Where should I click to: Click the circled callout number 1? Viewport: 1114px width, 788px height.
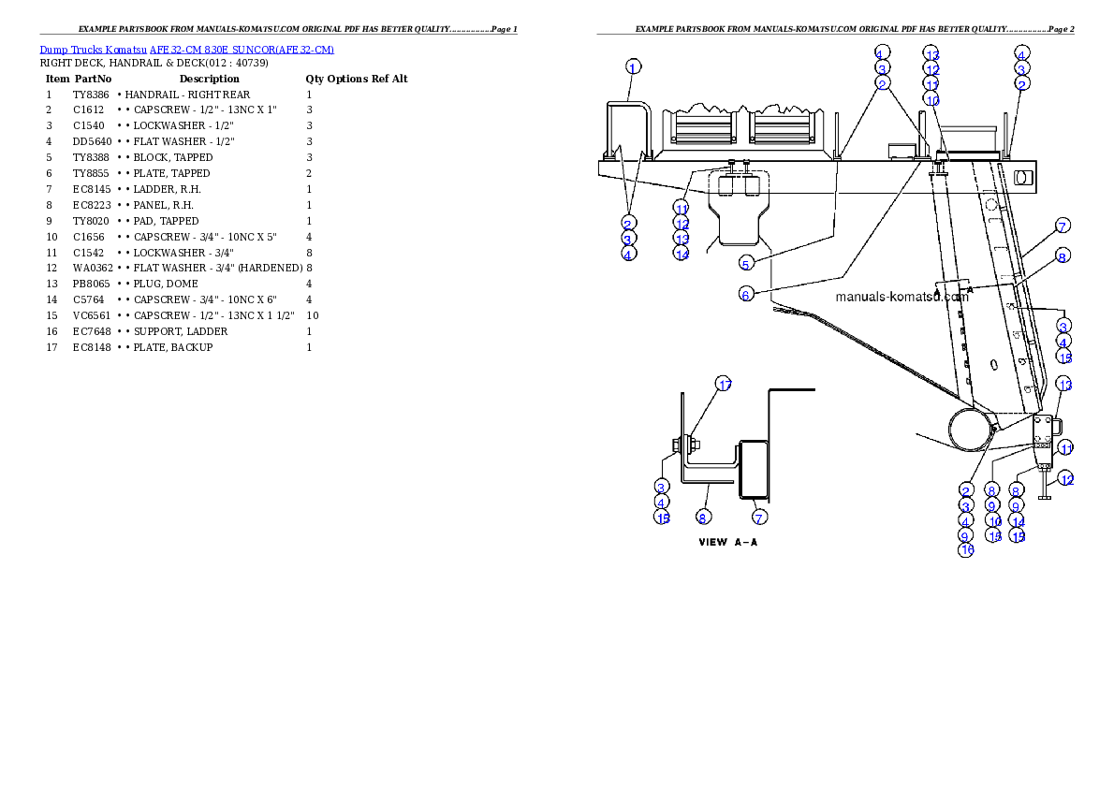[634, 67]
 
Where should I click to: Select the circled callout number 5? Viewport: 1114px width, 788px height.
[746, 262]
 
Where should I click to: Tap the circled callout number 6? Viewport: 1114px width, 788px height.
[746, 295]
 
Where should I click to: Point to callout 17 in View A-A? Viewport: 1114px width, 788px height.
[724, 384]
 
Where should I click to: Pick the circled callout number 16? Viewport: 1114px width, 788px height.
[966, 550]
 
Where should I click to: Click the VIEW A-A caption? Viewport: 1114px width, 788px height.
[727, 543]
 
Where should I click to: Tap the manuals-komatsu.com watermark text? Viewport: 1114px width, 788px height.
[901, 297]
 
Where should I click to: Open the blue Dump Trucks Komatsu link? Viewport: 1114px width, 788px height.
[186, 50]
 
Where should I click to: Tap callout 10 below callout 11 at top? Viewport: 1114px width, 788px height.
[931, 99]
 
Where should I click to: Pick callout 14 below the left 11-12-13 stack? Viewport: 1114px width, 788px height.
[682, 254]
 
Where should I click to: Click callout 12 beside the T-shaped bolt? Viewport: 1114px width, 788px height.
[1066, 479]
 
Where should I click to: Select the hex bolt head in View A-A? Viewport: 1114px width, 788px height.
[673, 444]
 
